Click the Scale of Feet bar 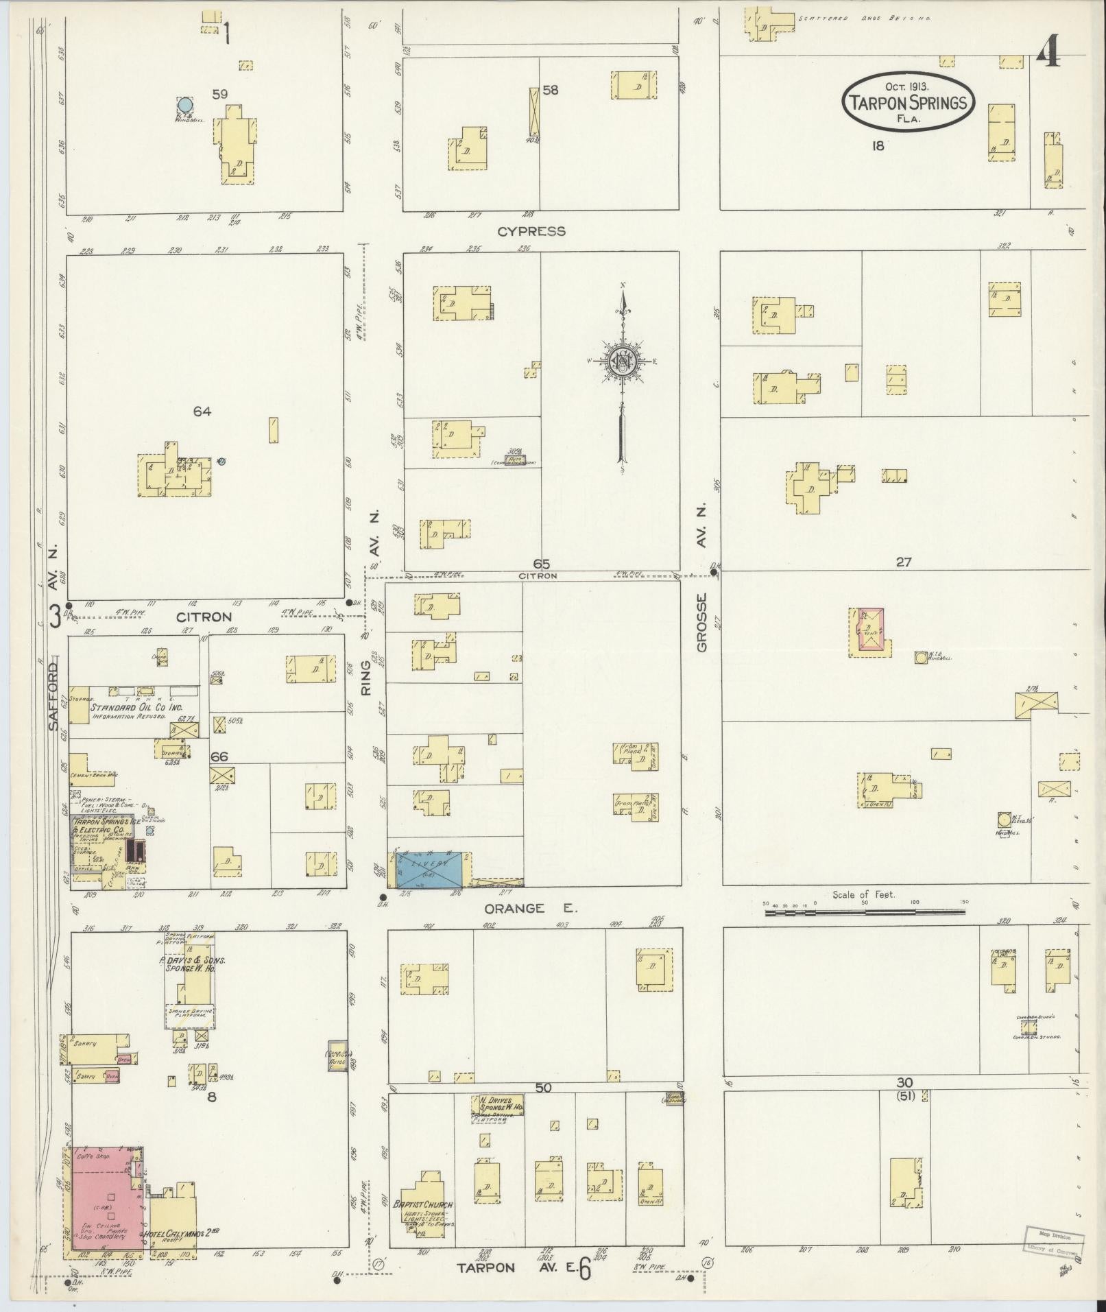[865, 912]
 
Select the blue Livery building [430, 869]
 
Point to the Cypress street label [531, 231]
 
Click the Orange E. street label [531, 908]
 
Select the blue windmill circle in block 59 [184, 105]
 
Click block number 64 [202, 412]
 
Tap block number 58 [550, 90]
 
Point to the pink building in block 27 [871, 628]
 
